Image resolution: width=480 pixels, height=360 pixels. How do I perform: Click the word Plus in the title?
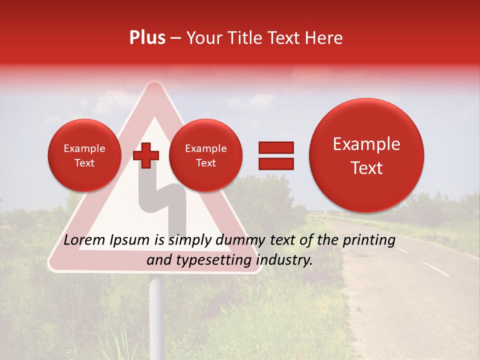147,38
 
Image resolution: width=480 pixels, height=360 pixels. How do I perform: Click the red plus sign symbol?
146,155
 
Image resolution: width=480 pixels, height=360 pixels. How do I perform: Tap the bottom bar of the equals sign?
275,163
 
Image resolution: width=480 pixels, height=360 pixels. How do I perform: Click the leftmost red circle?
84,155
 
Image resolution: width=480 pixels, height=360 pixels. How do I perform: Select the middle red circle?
205,155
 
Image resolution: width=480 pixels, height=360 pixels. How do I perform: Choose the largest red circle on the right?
366,155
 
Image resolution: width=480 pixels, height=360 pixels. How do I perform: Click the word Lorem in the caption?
85,240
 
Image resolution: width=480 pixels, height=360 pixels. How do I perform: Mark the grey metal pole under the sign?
156,315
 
